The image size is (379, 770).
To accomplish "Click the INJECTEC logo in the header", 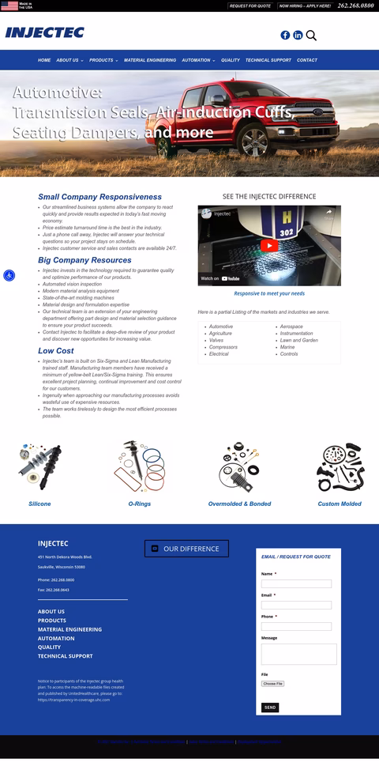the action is pos(44,32).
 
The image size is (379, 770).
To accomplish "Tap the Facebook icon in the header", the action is pos(285,35).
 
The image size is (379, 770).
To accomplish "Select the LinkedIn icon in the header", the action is pos(298,35).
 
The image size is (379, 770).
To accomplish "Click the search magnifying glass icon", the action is pos(311,35).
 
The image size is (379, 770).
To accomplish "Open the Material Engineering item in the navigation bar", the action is pos(150,60).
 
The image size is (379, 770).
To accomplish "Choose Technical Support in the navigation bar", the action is pos(268,60).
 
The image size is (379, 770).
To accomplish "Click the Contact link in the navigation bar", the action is pos(307,60).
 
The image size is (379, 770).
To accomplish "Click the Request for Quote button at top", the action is pos(250,6).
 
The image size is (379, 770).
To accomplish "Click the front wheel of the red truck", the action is pos(254,142).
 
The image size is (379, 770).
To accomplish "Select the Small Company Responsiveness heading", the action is pos(99,197).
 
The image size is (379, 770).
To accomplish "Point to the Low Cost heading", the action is pos(56,350).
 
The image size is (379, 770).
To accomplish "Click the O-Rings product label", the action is pos(139,504).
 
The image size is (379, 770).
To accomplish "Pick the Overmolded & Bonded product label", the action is pos(239,504).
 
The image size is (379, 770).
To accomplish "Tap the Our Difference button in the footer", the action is pos(186,548).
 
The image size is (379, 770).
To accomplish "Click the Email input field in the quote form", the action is pos(296,605).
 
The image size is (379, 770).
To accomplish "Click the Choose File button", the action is pos(272,683).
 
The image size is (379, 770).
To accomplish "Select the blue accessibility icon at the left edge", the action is pos(9,275).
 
